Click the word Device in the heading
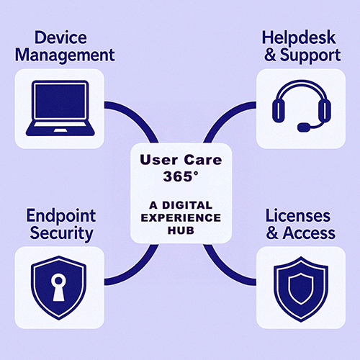(x=60, y=37)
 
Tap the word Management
(x=65, y=55)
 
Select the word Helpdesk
(x=299, y=38)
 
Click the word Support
(x=310, y=55)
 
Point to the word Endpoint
(x=61, y=217)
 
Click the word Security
(x=61, y=234)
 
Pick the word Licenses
(x=298, y=215)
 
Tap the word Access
(x=309, y=233)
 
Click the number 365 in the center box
(x=178, y=176)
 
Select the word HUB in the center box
(x=181, y=230)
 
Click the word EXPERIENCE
(x=181, y=218)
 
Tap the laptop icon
(x=60, y=108)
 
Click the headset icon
(x=302, y=106)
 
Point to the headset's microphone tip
(x=304, y=127)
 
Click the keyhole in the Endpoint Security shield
(x=58, y=287)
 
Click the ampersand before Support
(x=271, y=55)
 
